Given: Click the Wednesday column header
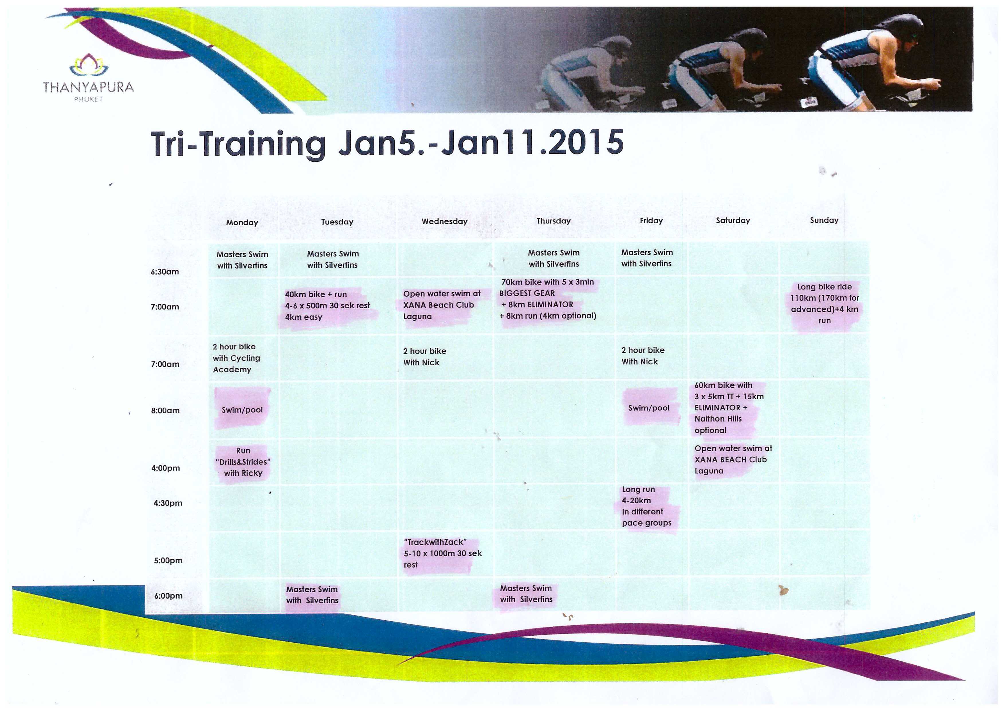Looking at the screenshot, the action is [444, 221].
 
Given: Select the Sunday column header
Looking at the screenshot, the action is [824, 220].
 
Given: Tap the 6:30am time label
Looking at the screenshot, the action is [165, 272].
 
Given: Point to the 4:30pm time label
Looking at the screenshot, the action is [168, 503].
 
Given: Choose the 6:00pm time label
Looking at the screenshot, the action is [168, 596].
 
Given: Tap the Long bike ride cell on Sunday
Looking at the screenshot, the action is [824, 303].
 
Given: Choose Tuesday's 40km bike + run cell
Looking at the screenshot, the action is [327, 305].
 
